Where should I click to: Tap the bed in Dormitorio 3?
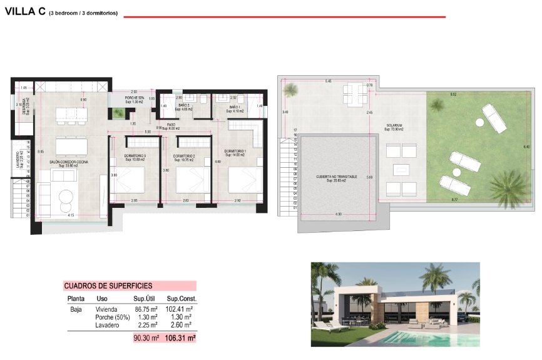click(130, 182)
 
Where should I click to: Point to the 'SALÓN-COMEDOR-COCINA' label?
click(68, 162)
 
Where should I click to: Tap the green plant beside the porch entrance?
click(117, 113)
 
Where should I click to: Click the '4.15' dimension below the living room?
click(71, 216)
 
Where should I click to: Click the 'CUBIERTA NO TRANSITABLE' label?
click(337, 177)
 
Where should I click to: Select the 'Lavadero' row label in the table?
click(106, 325)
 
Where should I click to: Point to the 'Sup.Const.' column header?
click(178, 299)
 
